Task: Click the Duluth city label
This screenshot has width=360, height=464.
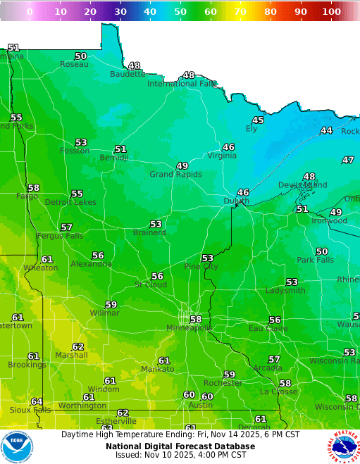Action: click(x=236, y=201)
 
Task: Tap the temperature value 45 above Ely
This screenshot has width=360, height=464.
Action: click(x=258, y=120)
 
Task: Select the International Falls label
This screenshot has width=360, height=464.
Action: click(x=182, y=84)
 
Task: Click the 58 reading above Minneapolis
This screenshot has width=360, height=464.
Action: click(x=195, y=319)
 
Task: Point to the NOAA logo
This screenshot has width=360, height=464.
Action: click(x=17, y=446)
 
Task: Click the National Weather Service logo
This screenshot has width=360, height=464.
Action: click(x=342, y=446)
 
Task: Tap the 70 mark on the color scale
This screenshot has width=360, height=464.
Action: click(x=240, y=11)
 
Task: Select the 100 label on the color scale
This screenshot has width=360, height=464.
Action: click(x=331, y=11)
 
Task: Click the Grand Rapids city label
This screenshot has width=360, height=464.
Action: click(x=175, y=174)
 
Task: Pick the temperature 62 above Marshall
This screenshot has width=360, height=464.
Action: click(x=78, y=346)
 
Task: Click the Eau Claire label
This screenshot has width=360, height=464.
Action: click(x=266, y=328)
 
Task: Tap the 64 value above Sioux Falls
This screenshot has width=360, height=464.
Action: click(x=37, y=401)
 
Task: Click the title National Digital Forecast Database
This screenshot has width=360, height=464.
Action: click(x=180, y=446)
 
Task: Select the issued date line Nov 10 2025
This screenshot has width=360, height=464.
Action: click(x=180, y=455)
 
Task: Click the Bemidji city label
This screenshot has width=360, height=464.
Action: click(x=113, y=158)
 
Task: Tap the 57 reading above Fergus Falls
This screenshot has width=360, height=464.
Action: click(x=66, y=227)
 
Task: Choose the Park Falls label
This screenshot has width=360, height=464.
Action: click(x=315, y=260)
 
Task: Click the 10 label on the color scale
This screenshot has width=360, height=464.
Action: click(x=61, y=11)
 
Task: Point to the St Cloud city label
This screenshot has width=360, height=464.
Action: click(x=151, y=284)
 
